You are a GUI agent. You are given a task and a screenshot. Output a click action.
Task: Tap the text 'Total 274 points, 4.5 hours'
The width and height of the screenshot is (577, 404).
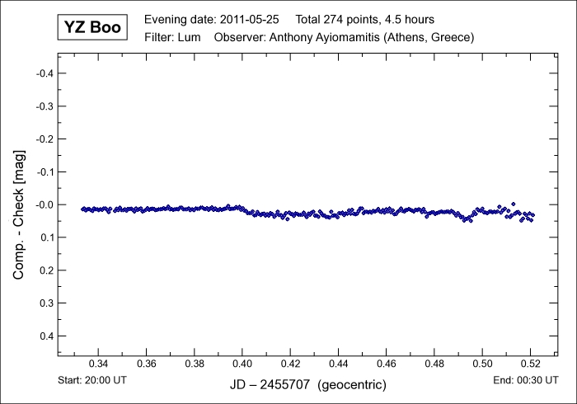pyautogui.click(x=364, y=19)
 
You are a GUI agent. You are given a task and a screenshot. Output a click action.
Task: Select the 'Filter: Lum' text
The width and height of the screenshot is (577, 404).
pyautogui.click(x=172, y=37)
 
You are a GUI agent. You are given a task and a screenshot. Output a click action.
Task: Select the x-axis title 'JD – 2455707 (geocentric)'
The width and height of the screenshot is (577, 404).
pyautogui.click(x=307, y=385)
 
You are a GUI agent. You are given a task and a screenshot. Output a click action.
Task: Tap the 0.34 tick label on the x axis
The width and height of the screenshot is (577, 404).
pyautogui.click(x=98, y=364)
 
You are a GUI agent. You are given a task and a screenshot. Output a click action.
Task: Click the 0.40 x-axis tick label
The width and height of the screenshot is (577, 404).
pyautogui.click(x=242, y=364)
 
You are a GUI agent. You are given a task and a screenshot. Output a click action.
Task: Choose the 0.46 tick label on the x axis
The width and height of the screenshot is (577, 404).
pyautogui.click(x=386, y=364)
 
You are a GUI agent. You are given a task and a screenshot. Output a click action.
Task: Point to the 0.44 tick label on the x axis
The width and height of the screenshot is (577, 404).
pyautogui.click(x=338, y=364)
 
